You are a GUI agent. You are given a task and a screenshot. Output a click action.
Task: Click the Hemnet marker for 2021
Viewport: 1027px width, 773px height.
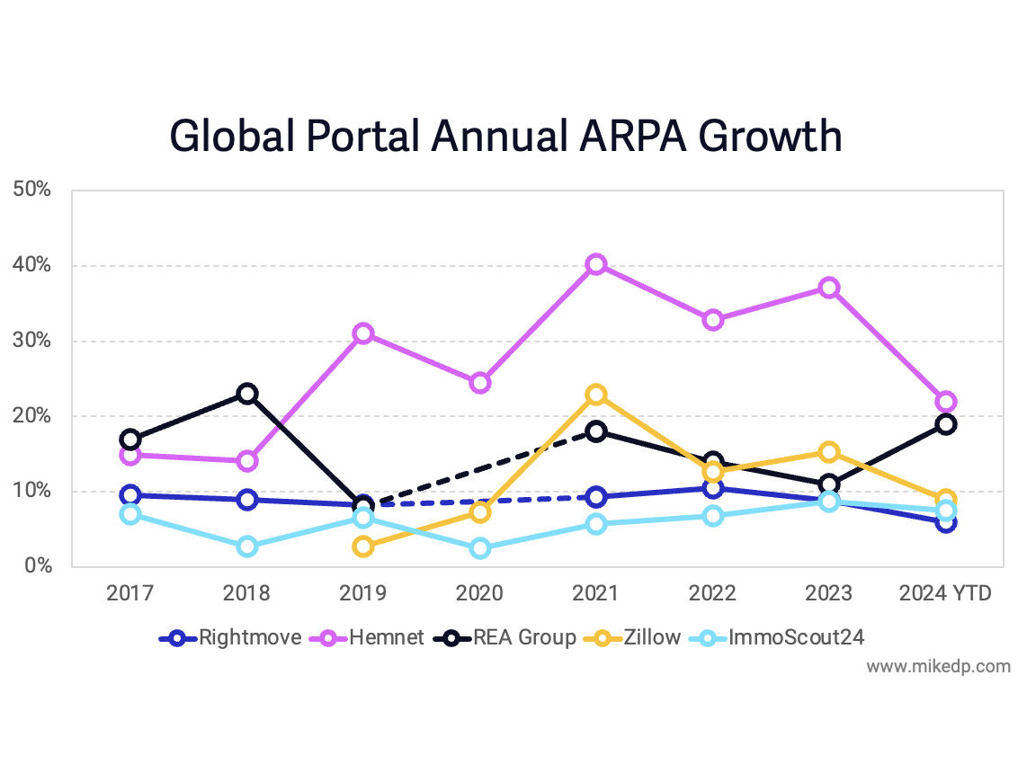596,264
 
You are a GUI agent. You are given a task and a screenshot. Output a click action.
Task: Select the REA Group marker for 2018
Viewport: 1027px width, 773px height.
246,394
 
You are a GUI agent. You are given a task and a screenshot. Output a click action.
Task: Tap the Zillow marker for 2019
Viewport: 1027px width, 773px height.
362,546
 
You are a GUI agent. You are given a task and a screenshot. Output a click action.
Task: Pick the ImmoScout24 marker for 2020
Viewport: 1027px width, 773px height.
479,548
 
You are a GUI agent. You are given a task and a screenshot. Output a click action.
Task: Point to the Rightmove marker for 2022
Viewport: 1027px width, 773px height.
713,488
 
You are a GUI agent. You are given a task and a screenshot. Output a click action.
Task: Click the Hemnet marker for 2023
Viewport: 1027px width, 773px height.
829,288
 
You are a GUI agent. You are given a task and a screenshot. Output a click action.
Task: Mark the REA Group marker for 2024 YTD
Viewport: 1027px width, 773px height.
946,424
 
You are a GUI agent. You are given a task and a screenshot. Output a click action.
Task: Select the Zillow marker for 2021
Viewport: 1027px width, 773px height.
596,395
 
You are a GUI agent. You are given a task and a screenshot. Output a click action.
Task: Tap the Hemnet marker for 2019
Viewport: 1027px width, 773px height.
362,333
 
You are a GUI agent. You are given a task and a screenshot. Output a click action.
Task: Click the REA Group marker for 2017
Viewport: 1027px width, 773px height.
130,440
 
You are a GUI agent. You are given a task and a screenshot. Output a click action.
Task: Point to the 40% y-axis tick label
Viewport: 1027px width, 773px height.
31,266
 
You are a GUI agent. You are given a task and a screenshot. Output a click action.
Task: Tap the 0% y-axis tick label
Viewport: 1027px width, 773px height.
37,566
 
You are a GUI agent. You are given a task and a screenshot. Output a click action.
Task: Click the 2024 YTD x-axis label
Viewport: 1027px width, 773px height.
945,594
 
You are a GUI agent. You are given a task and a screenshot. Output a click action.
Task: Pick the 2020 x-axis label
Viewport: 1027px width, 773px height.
479,594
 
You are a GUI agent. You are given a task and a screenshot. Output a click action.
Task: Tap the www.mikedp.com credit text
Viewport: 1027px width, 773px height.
938,667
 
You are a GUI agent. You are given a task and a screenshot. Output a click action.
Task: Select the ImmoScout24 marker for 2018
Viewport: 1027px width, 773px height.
246,546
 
